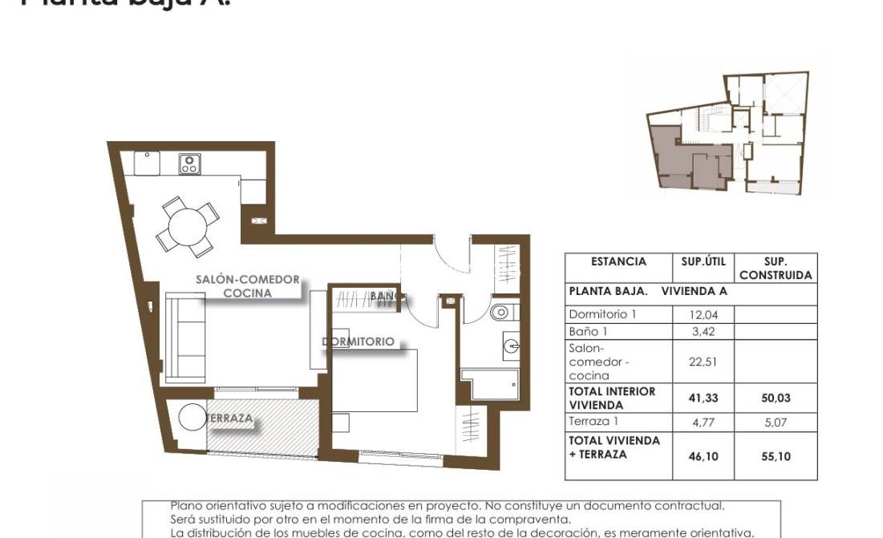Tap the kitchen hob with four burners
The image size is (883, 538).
(x=190, y=164)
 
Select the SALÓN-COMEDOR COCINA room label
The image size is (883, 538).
(x=248, y=286)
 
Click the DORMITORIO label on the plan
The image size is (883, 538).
(x=358, y=342)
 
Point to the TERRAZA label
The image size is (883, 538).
(x=230, y=418)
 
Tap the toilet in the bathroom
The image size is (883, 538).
(x=500, y=312)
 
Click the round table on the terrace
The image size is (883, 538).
(x=192, y=417)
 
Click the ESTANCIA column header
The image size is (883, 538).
(x=618, y=261)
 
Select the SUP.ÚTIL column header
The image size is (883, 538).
(x=703, y=261)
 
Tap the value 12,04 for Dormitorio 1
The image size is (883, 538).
(x=703, y=315)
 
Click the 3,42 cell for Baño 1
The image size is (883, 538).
(x=703, y=331)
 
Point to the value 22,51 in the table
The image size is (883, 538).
(x=703, y=362)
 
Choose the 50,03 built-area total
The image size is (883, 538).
(x=775, y=398)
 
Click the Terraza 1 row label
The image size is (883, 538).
(x=594, y=422)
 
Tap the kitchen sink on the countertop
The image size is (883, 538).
(x=147, y=162)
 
